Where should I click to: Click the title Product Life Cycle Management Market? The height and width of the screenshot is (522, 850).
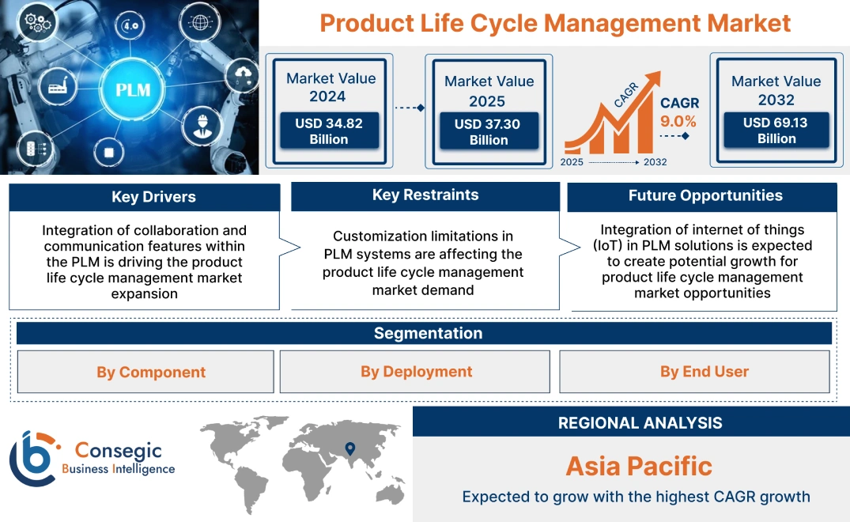555,23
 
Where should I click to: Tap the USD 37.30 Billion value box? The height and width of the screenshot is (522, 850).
489,132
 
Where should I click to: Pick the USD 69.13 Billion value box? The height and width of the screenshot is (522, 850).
776,130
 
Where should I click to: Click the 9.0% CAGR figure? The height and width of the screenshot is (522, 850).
678,121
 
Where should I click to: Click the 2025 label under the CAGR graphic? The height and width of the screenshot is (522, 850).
572,162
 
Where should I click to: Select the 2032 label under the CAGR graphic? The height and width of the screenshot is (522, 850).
655,162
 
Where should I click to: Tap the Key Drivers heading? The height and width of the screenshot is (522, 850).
144,197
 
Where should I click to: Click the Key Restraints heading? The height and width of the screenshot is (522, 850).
425,195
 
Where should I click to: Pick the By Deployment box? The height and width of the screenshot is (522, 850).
416,372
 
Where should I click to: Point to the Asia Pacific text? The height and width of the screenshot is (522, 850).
639,466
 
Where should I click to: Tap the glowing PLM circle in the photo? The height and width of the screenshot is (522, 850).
133,89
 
